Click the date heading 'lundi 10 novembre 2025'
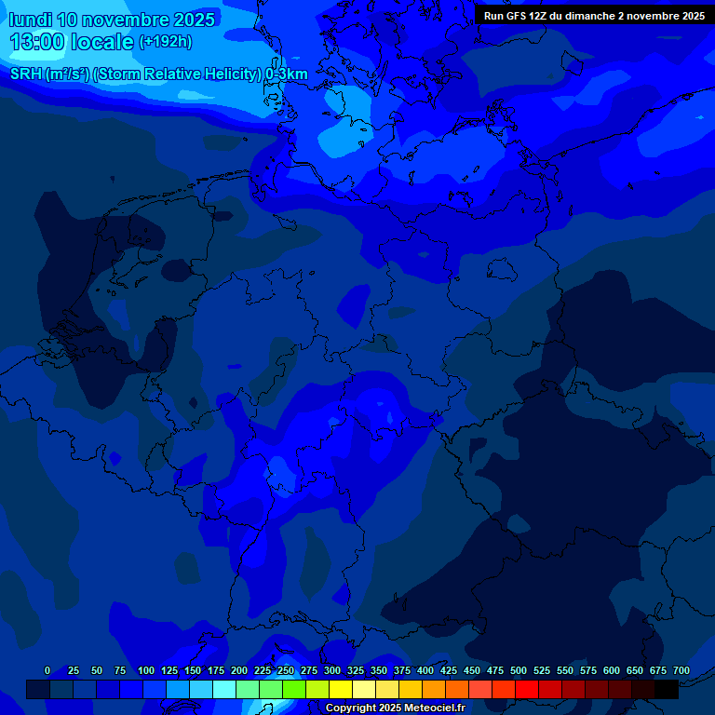[x=112, y=20]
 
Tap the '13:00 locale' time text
[x=73, y=42]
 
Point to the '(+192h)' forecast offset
[x=165, y=42]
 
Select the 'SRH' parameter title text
[x=26, y=74]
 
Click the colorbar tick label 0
[x=47, y=670]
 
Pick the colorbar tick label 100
[x=146, y=670]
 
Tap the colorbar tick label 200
[x=239, y=670]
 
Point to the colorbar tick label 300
[x=332, y=670]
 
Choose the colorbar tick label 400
[x=425, y=670]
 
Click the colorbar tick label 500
[x=519, y=670]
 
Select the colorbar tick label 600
[x=612, y=670]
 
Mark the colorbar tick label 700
[x=681, y=670]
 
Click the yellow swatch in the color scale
[x=341, y=689]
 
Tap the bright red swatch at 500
[x=527, y=689]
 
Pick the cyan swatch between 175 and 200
[x=224, y=689]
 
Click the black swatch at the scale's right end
[x=667, y=689]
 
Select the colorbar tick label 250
[x=286, y=670]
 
